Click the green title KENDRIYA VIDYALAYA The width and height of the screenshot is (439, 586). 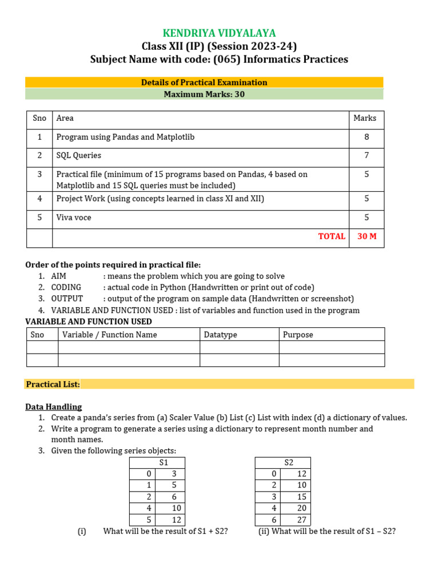coord(219,33)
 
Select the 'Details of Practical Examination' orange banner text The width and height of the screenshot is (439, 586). coord(204,82)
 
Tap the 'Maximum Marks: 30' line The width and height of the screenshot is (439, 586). coord(204,94)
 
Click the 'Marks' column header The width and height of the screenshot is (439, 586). coord(365,118)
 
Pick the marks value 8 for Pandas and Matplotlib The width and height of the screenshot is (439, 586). coord(366,137)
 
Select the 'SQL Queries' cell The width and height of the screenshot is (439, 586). coord(79,156)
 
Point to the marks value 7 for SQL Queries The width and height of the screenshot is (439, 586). coord(366,156)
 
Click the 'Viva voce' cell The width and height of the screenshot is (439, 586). coord(74,217)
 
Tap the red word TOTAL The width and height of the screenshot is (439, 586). coord(332,236)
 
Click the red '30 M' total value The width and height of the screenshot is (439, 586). coord(366,236)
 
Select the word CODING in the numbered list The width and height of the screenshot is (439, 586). coord(66,287)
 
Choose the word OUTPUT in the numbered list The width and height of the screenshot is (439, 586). coord(67,299)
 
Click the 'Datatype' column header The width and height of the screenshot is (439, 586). coord(220,335)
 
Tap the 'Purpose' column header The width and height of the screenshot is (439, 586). coord(298,335)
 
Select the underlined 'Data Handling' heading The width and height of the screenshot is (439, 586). coord(53,407)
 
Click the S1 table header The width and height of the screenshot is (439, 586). coord(163,462)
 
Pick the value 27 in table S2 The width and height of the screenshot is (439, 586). coord(302,520)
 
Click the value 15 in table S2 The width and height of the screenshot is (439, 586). coord(302,497)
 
